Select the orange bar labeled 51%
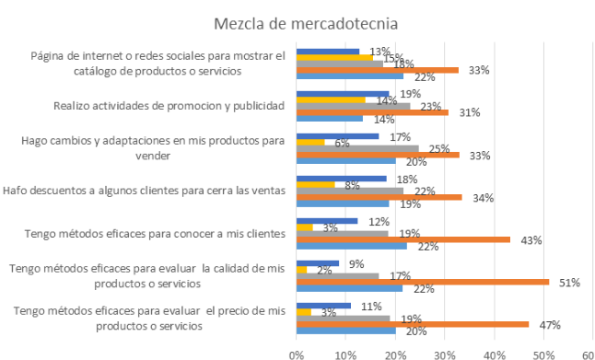pos(422,282)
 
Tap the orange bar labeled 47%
pos(412,324)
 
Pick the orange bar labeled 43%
pos(402,239)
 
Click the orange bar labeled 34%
pos(379,196)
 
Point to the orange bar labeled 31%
pos(372,111)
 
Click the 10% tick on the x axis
pos(345,352)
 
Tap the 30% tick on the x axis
pos(445,352)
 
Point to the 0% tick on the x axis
pos(296,352)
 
